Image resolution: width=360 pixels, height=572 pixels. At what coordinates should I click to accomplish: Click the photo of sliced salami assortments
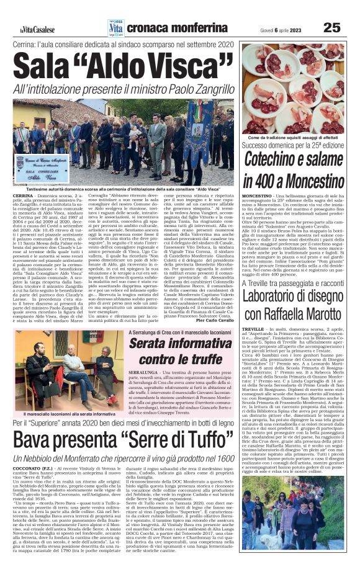[292, 87]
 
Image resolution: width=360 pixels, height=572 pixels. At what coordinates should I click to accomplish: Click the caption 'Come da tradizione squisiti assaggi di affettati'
[292, 137]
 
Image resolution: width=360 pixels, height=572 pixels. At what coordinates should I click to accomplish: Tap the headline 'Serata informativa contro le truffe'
[180, 352]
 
